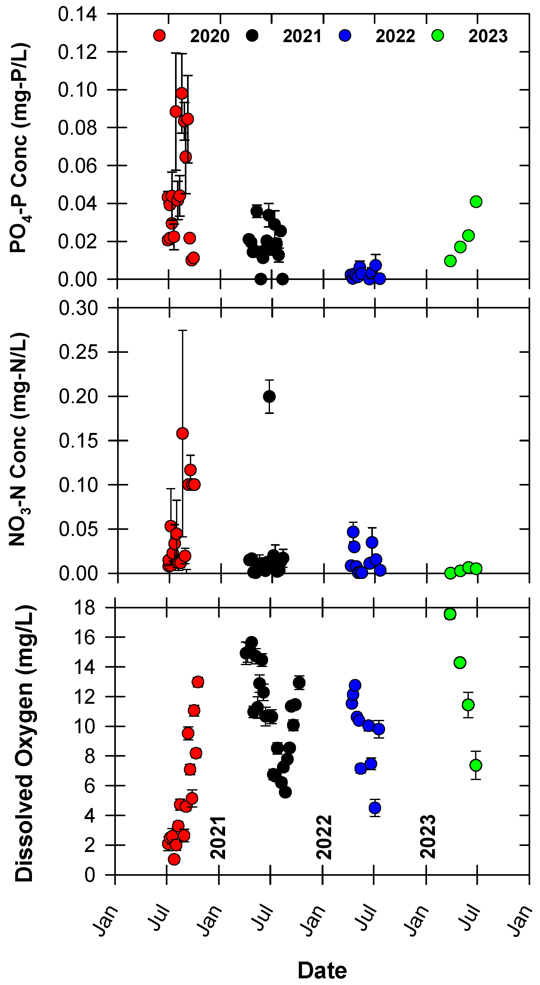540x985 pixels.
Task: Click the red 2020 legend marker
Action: [x=159, y=35]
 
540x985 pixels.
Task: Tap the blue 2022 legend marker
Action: [x=345, y=35]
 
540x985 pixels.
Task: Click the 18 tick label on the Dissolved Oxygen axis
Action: [x=85, y=607]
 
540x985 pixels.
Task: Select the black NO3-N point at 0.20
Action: [x=269, y=397]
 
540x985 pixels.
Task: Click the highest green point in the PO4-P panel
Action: [x=476, y=201]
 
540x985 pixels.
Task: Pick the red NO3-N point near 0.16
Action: [x=183, y=433]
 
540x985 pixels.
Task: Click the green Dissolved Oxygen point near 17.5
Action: [x=450, y=614]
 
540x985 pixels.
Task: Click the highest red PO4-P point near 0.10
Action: [x=182, y=93]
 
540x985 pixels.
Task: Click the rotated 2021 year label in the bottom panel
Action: [x=219, y=837]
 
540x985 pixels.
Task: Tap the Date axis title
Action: [x=322, y=970]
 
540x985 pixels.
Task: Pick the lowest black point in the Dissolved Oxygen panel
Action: [x=285, y=792]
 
